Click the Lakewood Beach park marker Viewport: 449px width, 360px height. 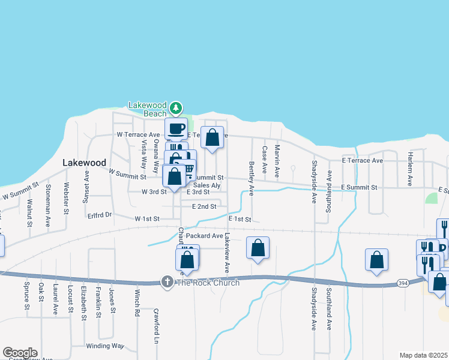(x=175, y=108)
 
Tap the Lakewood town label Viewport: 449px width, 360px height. (x=85, y=163)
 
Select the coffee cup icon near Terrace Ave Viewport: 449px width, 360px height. (x=176, y=128)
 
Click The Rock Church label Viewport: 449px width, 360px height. (x=207, y=282)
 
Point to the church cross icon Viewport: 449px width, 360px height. (x=168, y=281)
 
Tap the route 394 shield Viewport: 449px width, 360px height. (x=403, y=281)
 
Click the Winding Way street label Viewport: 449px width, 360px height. (x=104, y=346)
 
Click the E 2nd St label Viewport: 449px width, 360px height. (x=204, y=206)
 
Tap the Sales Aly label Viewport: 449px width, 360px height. (x=207, y=186)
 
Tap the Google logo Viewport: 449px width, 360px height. (x=20, y=353)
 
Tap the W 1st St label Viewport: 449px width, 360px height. (x=146, y=219)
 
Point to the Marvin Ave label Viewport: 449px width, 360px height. (x=277, y=161)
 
